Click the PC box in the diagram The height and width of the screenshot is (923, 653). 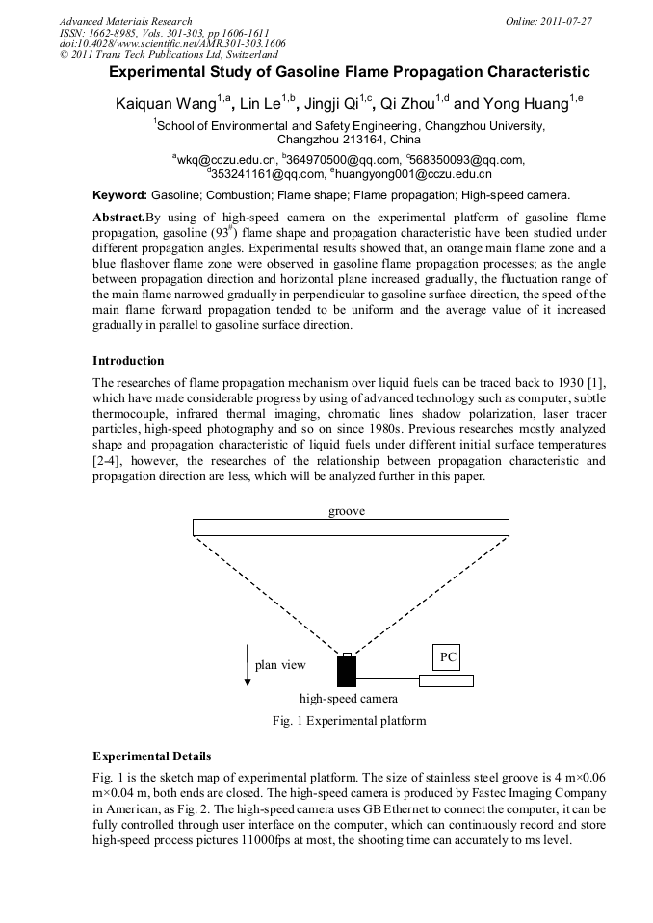(446, 656)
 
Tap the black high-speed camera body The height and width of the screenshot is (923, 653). (347, 672)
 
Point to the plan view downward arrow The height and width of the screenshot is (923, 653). (248, 665)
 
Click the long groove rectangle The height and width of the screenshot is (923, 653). (351, 527)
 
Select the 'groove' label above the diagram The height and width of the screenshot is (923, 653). (347, 511)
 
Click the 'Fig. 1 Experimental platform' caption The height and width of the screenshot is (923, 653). (350, 720)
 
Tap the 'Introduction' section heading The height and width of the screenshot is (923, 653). (128, 360)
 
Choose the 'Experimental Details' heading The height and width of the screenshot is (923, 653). (151, 756)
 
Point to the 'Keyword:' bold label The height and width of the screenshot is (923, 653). (119, 194)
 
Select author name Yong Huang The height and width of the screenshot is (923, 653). (528, 103)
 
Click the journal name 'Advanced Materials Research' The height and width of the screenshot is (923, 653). (125, 21)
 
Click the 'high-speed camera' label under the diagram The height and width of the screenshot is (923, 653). (348, 699)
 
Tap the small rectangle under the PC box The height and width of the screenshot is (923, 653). (446, 680)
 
